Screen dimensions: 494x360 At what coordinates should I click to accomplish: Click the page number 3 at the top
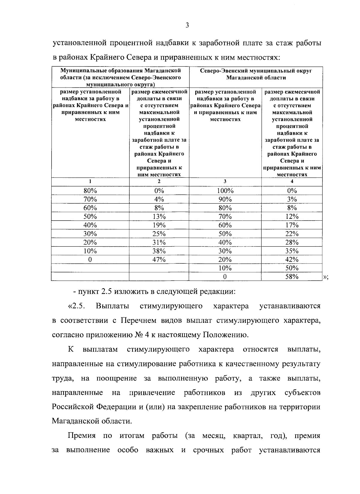click(187, 25)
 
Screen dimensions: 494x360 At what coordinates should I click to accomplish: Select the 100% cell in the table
click(225, 191)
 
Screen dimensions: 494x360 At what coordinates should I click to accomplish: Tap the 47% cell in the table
click(159, 260)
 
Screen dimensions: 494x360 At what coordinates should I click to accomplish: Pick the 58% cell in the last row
click(292, 277)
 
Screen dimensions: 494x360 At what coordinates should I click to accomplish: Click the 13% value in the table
click(159, 216)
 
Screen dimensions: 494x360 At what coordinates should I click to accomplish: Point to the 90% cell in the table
click(225, 199)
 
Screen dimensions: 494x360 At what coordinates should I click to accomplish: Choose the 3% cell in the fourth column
click(292, 199)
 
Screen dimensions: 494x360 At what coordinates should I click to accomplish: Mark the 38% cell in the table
click(159, 251)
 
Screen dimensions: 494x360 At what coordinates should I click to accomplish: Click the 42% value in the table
click(292, 260)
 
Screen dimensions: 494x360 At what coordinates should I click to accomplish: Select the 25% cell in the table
click(159, 234)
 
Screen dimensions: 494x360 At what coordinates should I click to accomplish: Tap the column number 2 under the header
click(159, 181)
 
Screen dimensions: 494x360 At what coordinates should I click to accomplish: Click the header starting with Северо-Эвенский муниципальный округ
click(256, 74)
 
